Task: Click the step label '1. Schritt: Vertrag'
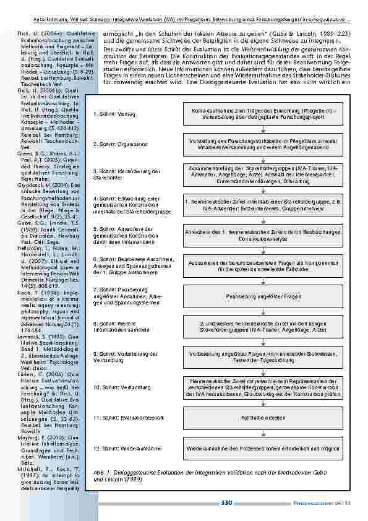pyautogui.click(x=114, y=115)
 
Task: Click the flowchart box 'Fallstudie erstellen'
pyautogui.click(x=263, y=418)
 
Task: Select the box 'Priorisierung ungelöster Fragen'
pyautogui.click(x=263, y=296)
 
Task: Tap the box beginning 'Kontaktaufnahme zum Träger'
pyautogui.click(x=263, y=114)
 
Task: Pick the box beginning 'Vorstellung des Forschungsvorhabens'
pyautogui.click(x=263, y=144)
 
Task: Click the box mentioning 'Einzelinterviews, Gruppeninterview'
pyautogui.click(x=263, y=205)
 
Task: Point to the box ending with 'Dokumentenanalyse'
pyautogui.click(x=263, y=236)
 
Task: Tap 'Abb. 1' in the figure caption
pyautogui.click(x=99, y=471)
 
